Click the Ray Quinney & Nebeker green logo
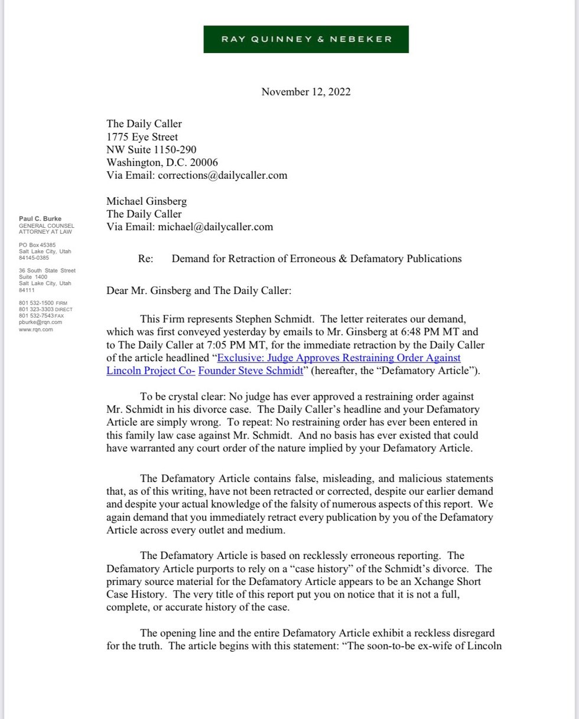point(305,39)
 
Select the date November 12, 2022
point(305,91)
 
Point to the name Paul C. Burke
point(40,219)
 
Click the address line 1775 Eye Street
point(142,137)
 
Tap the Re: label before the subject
point(145,259)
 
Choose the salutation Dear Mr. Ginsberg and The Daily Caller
point(199,290)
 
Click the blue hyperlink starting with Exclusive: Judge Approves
point(339,358)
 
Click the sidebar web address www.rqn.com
point(36,329)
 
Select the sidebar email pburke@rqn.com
point(40,322)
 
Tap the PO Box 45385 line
point(37,245)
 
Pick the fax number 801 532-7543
point(37,316)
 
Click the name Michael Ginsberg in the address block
point(147,201)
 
